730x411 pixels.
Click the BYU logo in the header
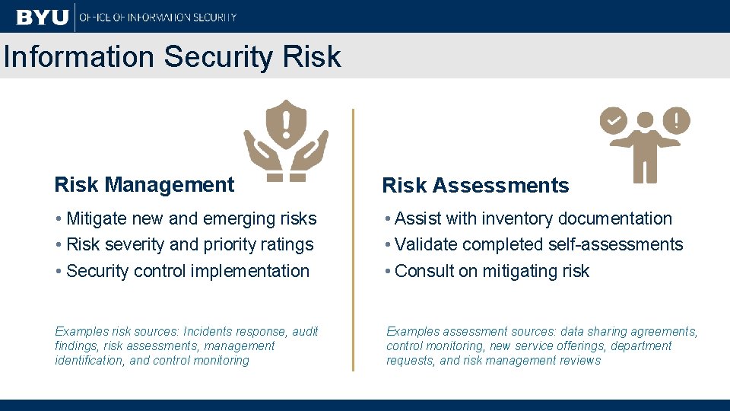42,16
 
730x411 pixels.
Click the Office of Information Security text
158,17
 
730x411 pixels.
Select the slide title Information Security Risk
171,56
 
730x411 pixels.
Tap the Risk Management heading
144,184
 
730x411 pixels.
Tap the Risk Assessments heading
475,185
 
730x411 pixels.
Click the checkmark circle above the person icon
613,120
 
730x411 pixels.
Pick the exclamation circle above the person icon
676,120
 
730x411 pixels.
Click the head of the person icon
645,121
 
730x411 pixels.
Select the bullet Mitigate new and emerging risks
186,218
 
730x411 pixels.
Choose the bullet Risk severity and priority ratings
185,244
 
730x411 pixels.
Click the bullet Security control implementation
182,271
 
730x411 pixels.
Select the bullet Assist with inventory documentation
528,218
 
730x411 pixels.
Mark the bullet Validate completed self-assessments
534,244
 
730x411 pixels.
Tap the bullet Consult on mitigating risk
487,271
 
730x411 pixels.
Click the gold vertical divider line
353,240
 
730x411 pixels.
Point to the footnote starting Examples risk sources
186,346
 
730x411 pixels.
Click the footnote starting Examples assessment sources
541,346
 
